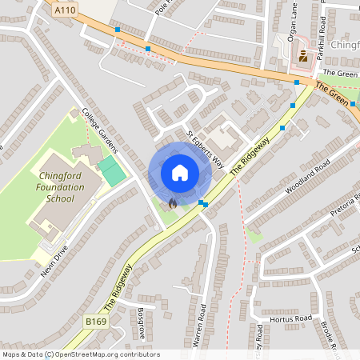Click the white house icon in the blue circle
tap(179, 172)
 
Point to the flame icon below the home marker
tap(173, 203)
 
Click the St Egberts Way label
tap(205, 148)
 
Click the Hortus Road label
tap(290, 318)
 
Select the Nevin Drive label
tap(55, 266)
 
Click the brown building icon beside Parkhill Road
tap(303, 55)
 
